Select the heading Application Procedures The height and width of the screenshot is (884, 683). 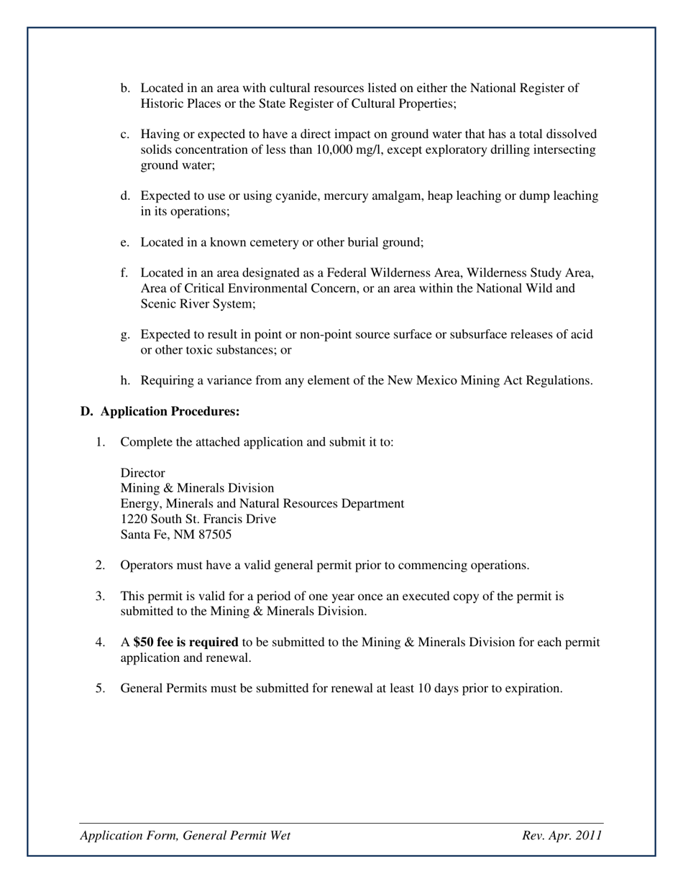click(x=170, y=411)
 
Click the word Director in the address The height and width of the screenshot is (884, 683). click(x=142, y=473)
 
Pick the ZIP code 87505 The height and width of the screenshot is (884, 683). click(x=214, y=535)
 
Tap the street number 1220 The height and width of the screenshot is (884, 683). click(x=133, y=519)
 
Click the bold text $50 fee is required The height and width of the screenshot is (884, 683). click(x=185, y=642)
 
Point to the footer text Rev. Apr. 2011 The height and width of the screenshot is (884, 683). click(x=562, y=835)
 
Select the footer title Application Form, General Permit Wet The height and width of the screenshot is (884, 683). click(x=185, y=835)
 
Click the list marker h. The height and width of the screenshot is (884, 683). click(x=124, y=380)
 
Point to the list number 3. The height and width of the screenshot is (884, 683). click(x=100, y=596)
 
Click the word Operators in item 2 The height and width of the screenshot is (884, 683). click(x=145, y=565)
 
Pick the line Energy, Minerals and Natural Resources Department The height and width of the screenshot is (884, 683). click(x=262, y=504)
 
